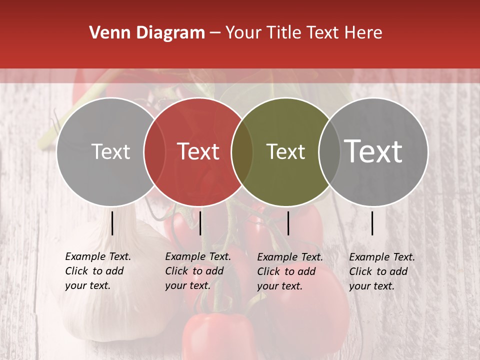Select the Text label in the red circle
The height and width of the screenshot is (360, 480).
coord(198,151)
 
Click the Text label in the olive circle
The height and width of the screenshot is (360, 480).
coord(285,151)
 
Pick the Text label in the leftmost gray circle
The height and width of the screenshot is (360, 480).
coord(110,151)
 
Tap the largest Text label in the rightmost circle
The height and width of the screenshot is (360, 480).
coord(373,151)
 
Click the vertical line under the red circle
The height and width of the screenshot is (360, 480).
coord(200,223)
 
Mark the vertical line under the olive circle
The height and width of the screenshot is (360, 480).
coord(288,223)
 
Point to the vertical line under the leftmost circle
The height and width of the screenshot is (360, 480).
coord(112,223)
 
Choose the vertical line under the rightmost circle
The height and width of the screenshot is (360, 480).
coord(372,223)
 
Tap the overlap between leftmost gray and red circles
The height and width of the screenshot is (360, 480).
coord(154,152)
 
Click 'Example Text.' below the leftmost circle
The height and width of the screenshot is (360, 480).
coord(98,256)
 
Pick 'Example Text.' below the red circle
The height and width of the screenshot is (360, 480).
coord(198,256)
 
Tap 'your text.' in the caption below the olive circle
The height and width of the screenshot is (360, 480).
coord(279,286)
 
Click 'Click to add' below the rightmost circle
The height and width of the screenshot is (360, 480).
coord(378,271)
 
